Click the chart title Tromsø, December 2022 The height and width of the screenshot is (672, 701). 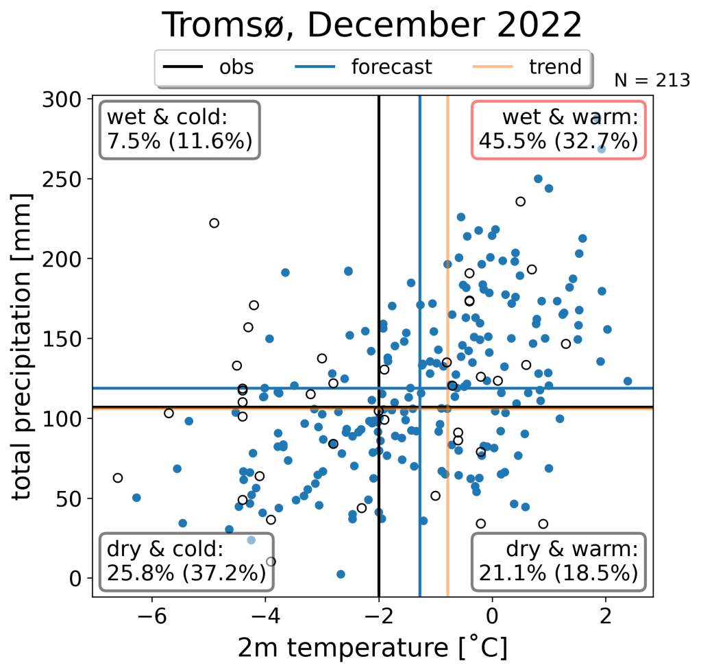[x=372, y=25]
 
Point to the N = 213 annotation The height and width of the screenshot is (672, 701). [x=652, y=80]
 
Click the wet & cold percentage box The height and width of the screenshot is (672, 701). [x=180, y=130]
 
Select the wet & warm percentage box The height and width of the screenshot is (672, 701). [x=558, y=130]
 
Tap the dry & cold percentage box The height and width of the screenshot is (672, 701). [x=186, y=560]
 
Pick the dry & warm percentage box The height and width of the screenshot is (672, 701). [x=558, y=560]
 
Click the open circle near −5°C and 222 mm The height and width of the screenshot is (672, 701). [x=214, y=223]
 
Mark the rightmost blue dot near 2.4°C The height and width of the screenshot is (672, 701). [x=628, y=381]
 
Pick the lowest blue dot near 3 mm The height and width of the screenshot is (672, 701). [x=341, y=574]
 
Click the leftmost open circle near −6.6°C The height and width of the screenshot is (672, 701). [x=118, y=478]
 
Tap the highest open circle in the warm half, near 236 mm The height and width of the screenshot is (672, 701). [x=521, y=201]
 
